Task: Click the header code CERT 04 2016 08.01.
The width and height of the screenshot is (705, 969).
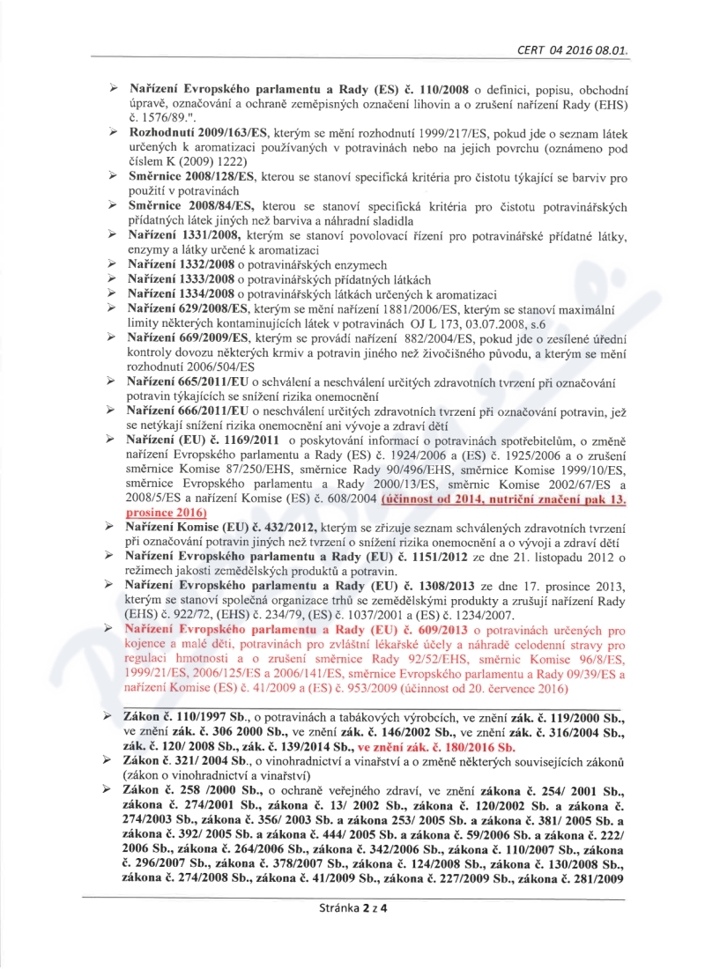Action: pos(572,51)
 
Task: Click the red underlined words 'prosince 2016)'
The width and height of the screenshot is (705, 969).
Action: pos(167,511)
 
